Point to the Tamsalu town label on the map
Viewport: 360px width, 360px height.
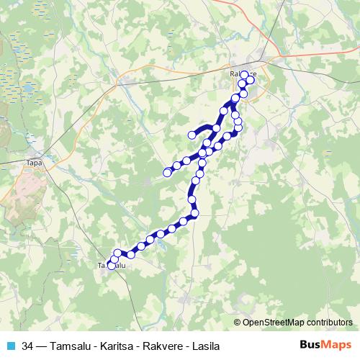click(112, 266)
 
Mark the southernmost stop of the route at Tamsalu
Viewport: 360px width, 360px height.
click(112, 266)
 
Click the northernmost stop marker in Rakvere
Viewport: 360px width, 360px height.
click(244, 74)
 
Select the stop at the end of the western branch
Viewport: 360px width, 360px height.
click(167, 172)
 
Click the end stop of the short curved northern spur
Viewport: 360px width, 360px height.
click(192, 135)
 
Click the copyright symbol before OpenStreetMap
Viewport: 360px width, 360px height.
click(238, 323)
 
